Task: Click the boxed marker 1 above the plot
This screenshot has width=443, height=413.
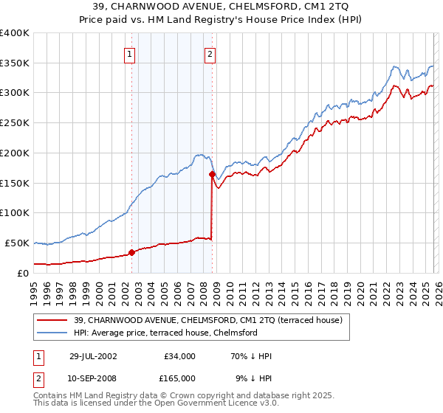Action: [130, 53]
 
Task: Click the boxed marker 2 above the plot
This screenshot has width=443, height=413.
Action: [210, 53]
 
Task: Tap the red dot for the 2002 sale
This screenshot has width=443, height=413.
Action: [132, 252]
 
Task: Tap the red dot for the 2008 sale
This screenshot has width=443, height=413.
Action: [212, 174]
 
